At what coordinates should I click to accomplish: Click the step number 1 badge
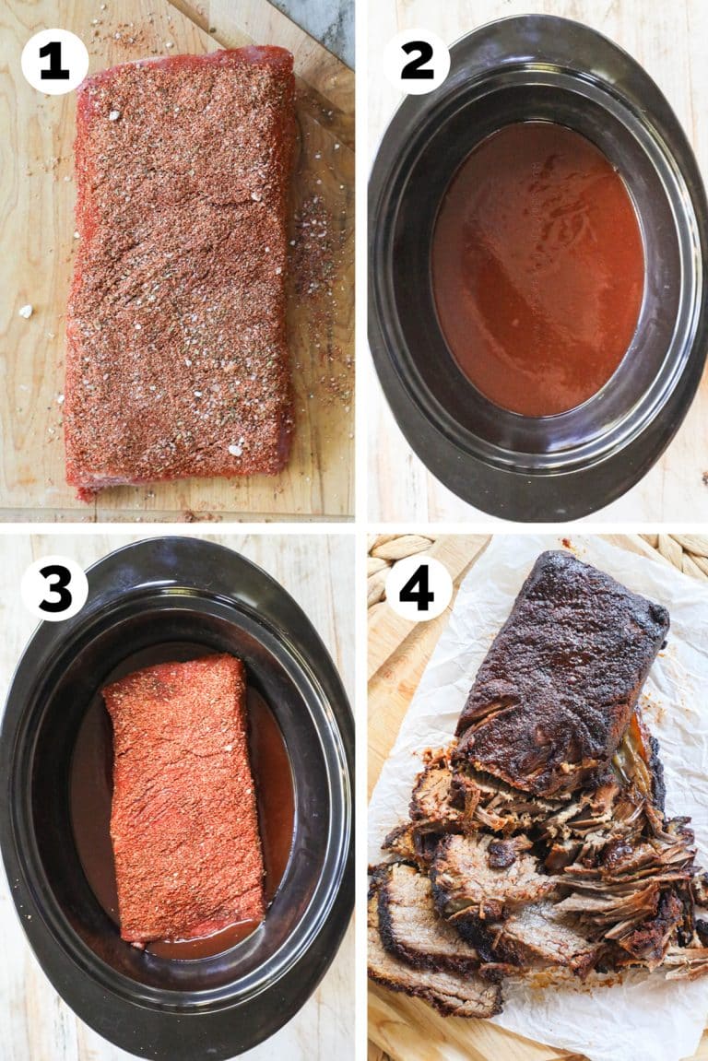[54, 62]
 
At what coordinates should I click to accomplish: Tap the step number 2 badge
[417, 62]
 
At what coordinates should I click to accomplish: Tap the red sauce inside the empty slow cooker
[535, 277]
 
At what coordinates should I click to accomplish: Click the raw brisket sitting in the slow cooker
[184, 793]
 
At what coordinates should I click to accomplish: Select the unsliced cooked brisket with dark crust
[562, 664]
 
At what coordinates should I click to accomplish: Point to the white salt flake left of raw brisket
[26, 311]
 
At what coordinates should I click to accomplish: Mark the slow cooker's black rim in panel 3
[28, 793]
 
